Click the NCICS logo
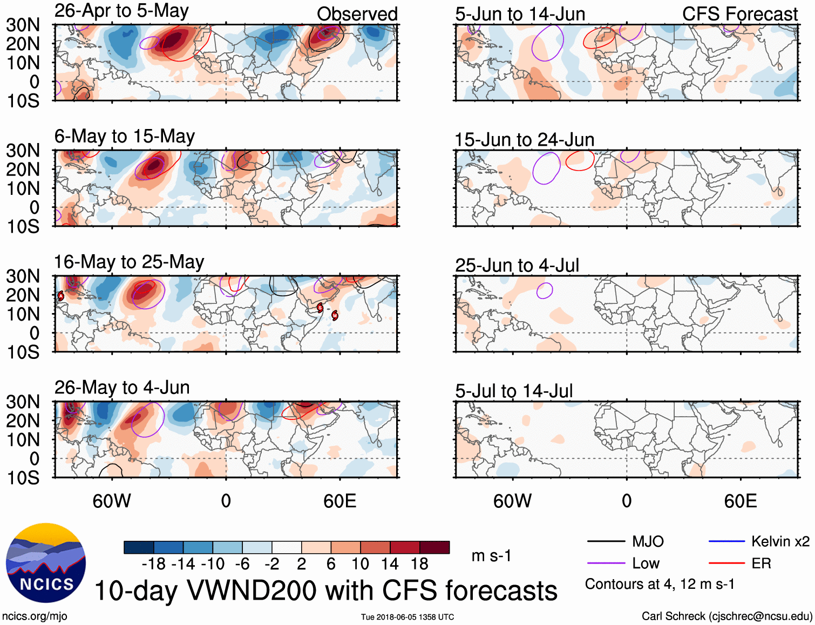[x=46, y=563]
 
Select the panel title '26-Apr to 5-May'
[x=121, y=11]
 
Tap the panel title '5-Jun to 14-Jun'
[x=520, y=14]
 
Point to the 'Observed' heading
[x=357, y=14]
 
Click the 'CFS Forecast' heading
[x=739, y=14]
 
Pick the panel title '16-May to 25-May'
[x=128, y=262]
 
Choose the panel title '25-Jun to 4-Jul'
[x=517, y=266]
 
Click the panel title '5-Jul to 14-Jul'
[x=513, y=391]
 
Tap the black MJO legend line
[x=606, y=541]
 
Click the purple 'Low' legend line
[x=606, y=563]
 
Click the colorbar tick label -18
[x=154, y=564]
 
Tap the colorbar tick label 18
[x=419, y=564]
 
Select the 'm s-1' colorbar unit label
[x=491, y=556]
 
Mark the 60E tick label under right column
[x=740, y=501]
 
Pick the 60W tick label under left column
[x=112, y=501]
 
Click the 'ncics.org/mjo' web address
[x=35, y=616]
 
